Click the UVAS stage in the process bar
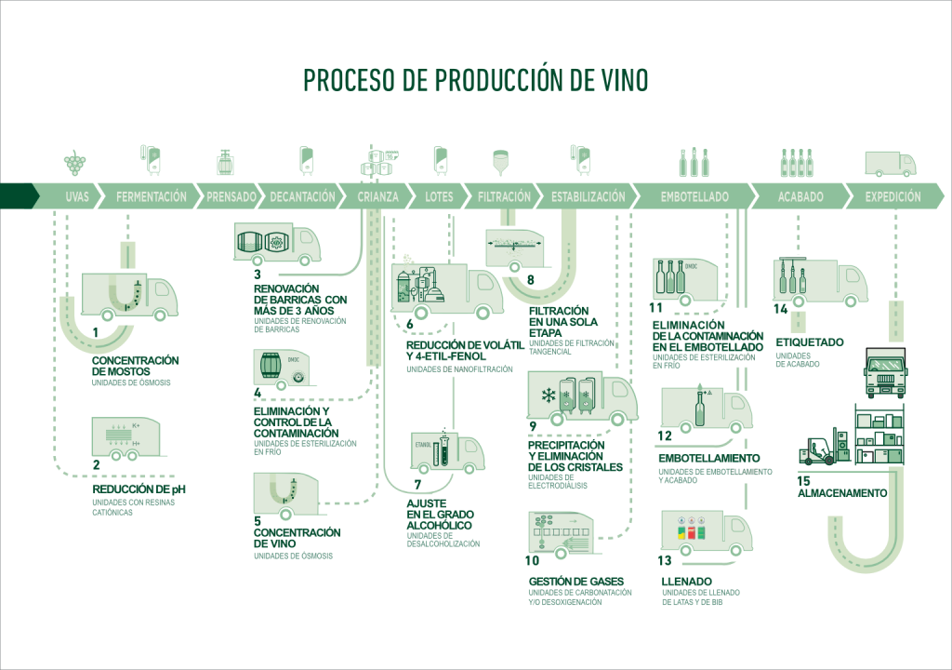78,197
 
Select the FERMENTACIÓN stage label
151,197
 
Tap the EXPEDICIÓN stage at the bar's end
892,197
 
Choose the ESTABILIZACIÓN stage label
588,197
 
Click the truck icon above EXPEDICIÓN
890,164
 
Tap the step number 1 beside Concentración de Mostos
96,332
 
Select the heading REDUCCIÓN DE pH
146,489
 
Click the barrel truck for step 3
275,244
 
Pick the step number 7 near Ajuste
417,483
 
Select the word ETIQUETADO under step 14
809,342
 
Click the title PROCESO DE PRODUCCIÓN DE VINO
476,81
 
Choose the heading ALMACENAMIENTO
842,493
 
